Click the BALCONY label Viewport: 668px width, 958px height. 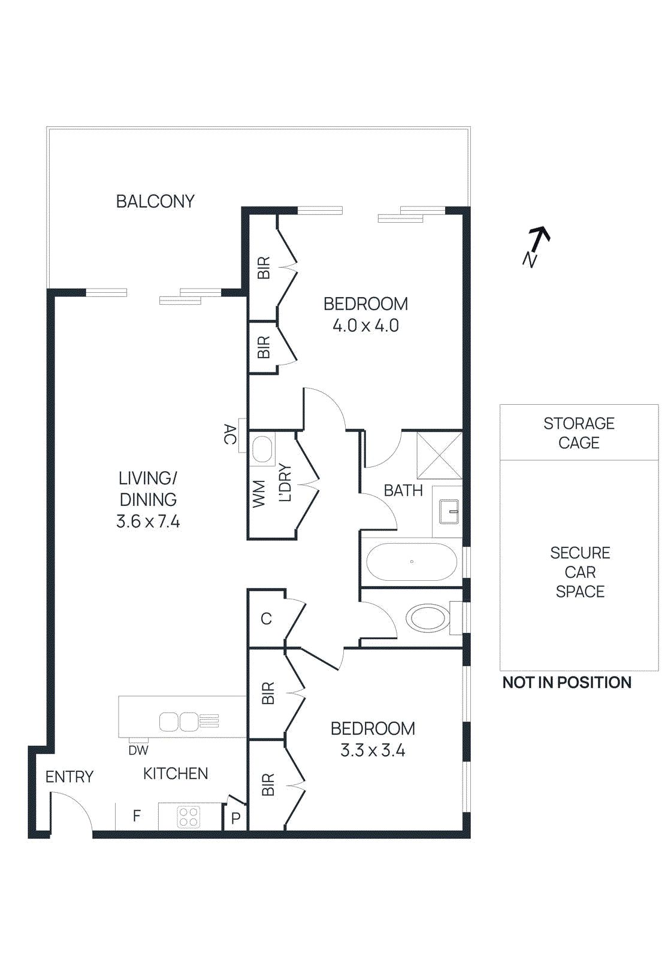pyautogui.click(x=155, y=201)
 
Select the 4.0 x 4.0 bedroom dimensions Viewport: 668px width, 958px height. pyautogui.click(x=365, y=326)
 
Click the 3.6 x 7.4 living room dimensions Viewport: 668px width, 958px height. pyautogui.click(x=148, y=522)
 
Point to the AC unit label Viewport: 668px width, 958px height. pyautogui.click(x=229, y=434)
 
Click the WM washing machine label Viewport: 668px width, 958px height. pyautogui.click(x=259, y=493)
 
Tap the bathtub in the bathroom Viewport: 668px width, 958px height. pyautogui.click(x=412, y=562)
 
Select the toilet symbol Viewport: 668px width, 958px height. pyautogui.click(x=428, y=617)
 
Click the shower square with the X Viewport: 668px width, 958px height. pyautogui.click(x=439, y=456)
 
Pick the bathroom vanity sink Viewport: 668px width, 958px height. pyautogui.click(x=449, y=512)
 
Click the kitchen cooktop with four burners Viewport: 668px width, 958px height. pyautogui.click(x=189, y=817)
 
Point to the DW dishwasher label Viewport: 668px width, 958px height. pyautogui.click(x=138, y=750)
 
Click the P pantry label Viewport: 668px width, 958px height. pyautogui.click(x=235, y=818)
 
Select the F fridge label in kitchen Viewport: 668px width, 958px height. pyautogui.click(x=137, y=815)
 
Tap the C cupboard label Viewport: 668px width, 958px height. pyautogui.click(x=267, y=619)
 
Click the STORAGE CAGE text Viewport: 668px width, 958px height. pyautogui.click(x=579, y=433)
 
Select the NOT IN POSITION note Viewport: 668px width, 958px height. pyautogui.click(x=567, y=683)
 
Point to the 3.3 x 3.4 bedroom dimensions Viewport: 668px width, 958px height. pyautogui.click(x=373, y=750)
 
